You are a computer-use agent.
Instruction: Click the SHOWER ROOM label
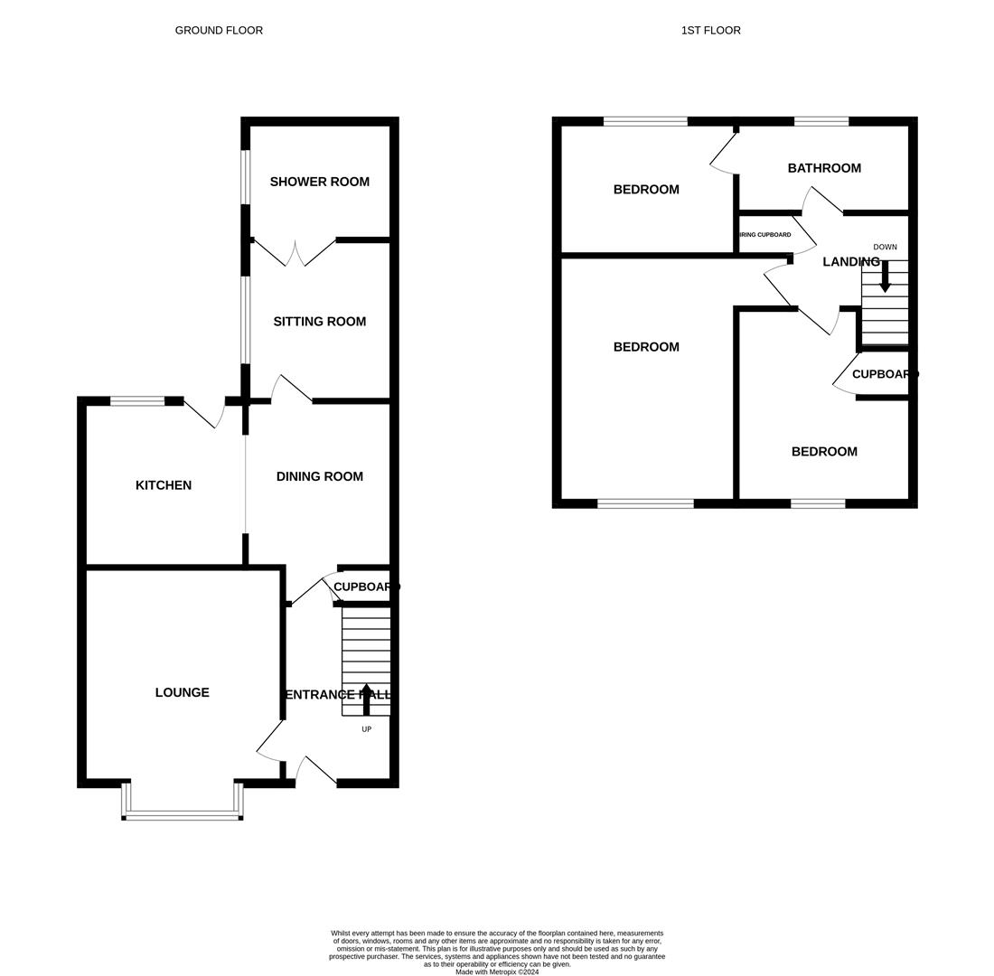point(320,182)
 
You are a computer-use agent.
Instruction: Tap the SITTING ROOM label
point(320,322)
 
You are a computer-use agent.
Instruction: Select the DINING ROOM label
point(320,476)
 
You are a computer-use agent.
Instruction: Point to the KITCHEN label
point(164,485)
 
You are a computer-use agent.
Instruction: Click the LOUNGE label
point(182,692)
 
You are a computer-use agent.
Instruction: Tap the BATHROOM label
point(824,168)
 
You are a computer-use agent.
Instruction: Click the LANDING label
point(851,261)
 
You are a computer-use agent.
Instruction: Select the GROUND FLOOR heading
point(219,31)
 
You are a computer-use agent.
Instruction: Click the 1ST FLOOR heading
point(710,31)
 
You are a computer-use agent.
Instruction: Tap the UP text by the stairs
point(366,729)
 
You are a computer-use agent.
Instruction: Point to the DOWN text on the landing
point(885,247)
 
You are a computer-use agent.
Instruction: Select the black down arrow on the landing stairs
point(885,277)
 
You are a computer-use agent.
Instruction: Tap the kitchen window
point(137,401)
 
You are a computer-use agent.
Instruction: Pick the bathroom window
point(821,121)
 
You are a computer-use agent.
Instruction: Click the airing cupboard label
point(765,235)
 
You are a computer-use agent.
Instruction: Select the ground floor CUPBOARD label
point(364,587)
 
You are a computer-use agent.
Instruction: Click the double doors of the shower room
point(295,252)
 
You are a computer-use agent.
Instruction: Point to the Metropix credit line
point(497,971)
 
